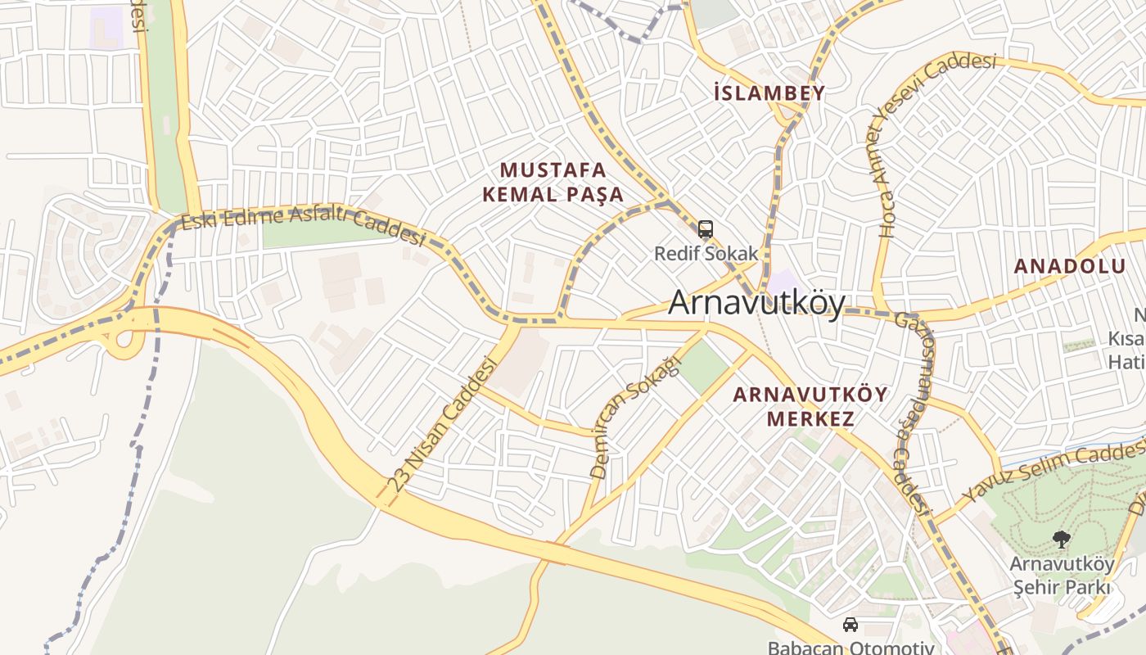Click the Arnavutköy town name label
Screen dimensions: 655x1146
point(756,303)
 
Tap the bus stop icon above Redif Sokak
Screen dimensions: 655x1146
point(706,229)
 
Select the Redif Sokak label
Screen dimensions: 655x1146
point(706,253)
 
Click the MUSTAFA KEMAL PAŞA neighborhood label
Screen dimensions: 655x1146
point(553,182)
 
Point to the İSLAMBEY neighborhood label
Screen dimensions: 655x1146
point(769,93)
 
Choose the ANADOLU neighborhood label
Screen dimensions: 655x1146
point(1070,266)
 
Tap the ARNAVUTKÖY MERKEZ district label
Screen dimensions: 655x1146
point(810,406)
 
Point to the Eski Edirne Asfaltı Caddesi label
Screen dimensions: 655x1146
point(303,226)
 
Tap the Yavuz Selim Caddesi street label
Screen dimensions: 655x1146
point(1056,472)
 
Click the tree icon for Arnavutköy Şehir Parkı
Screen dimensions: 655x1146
point(1062,540)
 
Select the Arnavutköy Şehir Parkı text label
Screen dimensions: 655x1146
point(1062,576)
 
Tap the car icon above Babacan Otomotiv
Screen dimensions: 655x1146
point(850,625)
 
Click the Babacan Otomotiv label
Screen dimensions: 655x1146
point(850,648)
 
